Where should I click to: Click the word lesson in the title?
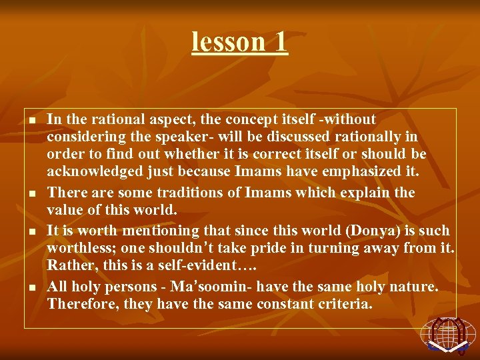(219, 41)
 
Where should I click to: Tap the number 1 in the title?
(279, 41)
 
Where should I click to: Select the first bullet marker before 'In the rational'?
(31, 120)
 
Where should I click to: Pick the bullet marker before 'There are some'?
(31, 194)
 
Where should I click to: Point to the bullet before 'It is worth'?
(31, 232)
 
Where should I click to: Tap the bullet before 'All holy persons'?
(31, 287)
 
